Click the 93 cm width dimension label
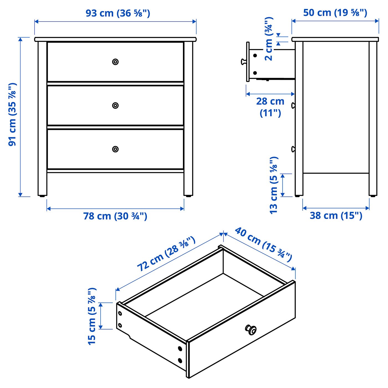pos(118,13)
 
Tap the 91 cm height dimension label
pos(12,114)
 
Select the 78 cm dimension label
pos(115,216)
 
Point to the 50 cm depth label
pos(335,12)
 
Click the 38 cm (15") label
pos(336,215)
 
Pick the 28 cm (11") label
pos(270,107)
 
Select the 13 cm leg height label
pos(274,185)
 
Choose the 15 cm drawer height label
pos(92,316)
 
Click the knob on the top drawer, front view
pos(115,62)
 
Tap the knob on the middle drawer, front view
pos(115,105)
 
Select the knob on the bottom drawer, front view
pos(115,149)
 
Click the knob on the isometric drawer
pos(251,330)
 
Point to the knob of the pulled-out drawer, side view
pos(244,62)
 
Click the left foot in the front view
pos(42,195)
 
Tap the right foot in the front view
pos(188,195)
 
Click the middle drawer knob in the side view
pos(293,105)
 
